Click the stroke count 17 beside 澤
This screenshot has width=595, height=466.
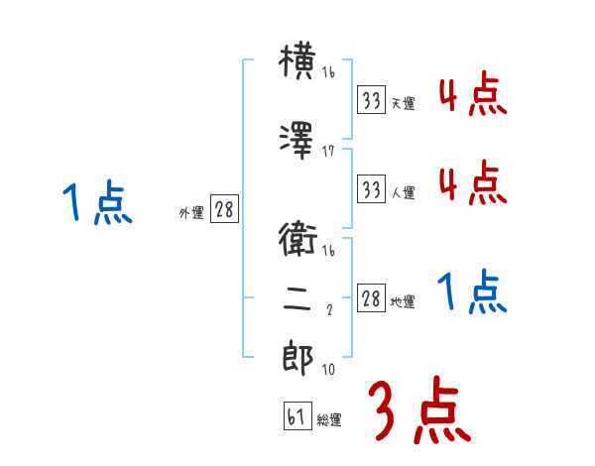click(328, 151)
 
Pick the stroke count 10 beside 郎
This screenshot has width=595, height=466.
click(328, 370)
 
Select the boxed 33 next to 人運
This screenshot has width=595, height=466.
click(371, 188)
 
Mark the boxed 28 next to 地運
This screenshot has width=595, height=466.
click(371, 298)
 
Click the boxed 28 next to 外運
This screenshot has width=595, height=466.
click(223, 210)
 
